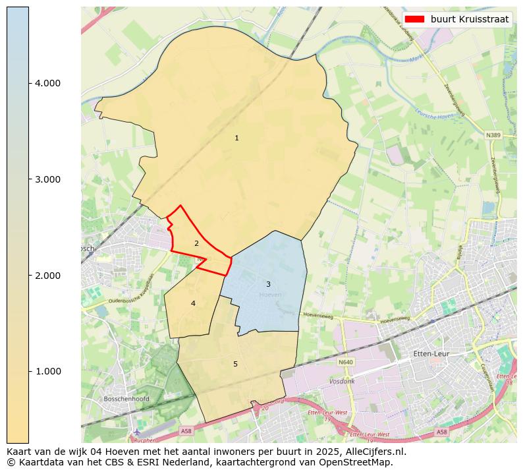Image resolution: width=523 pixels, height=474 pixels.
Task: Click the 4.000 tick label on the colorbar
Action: tap(47, 83)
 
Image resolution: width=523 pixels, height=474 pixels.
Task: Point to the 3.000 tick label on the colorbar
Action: tap(47, 179)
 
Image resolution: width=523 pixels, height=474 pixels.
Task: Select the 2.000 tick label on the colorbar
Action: tap(47, 275)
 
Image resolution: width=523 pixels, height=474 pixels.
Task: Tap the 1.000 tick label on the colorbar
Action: tap(47, 371)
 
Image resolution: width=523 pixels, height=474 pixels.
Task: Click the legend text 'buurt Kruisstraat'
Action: tap(470, 19)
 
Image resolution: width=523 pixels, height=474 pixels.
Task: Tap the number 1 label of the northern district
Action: tap(236, 138)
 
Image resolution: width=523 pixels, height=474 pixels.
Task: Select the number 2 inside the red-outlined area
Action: tap(196, 243)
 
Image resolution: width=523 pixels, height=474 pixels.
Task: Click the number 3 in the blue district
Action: tap(268, 284)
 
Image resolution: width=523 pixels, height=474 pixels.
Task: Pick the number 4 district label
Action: tap(193, 303)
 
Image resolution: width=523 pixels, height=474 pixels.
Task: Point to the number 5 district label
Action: tap(235, 364)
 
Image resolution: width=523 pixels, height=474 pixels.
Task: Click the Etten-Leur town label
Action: tap(431, 354)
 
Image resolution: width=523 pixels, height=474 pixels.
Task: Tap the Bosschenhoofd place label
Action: tap(126, 399)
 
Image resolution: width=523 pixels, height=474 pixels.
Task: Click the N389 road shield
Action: tap(493, 135)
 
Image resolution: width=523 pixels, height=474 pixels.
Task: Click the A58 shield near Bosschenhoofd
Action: tap(186, 430)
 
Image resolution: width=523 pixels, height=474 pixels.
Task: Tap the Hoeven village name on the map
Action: tap(270, 295)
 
